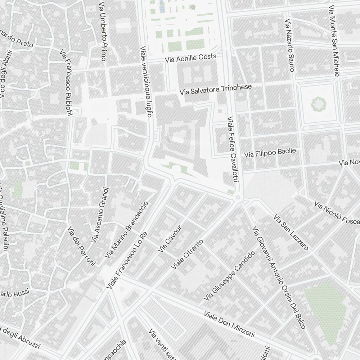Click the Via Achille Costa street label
coord(191,58)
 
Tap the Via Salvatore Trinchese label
coord(216,89)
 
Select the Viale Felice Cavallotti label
coord(233,149)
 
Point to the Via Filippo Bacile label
coord(270,153)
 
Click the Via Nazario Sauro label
coord(290,45)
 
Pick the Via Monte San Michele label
coord(334,41)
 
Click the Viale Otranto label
coord(187,254)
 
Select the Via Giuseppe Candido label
coord(229,276)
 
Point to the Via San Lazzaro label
coord(291,232)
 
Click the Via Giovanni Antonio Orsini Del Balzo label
coord(279,277)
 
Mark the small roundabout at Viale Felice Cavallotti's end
coord(238,198)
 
